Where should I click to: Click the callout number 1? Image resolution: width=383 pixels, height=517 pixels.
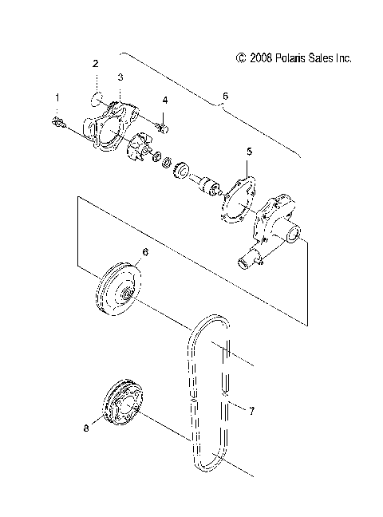click(x=57, y=97)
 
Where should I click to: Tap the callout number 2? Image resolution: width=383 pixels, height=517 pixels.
click(x=95, y=62)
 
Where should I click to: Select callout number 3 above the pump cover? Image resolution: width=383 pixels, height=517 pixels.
click(x=120, y=77)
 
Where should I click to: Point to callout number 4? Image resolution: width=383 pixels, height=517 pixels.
click(x=165, y=101)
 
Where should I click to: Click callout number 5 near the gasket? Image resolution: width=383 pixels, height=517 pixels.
click(x=249, y=151)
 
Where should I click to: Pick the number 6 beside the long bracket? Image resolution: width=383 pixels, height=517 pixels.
click(x=225, y=96)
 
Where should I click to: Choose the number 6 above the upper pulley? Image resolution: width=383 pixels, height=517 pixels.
click(x=144, y=252)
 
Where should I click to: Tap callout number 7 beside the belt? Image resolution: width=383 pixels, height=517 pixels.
click(x=251, y=411)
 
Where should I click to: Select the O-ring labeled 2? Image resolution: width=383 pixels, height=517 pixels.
click(x=95, y=100)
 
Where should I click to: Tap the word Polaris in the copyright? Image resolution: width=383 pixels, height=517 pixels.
click(x=290, y=58)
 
